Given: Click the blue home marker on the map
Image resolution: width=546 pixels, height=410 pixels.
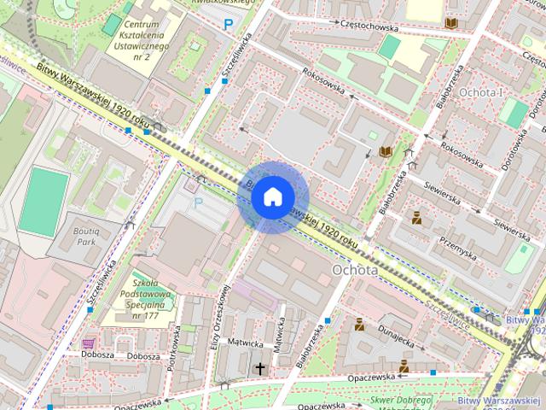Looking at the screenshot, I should [271, 197].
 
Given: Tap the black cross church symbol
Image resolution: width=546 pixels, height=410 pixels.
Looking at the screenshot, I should [260, 368].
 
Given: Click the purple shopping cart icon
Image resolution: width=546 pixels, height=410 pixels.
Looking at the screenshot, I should [88, 343].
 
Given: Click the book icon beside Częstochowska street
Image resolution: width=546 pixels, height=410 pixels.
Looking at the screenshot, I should [450, 24].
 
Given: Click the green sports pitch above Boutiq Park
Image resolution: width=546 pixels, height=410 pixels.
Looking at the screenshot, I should [44, 202].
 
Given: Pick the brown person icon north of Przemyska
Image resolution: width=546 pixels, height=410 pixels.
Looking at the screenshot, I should [416, 218].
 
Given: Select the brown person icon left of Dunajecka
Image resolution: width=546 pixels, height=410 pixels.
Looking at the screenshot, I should [360, 324].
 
